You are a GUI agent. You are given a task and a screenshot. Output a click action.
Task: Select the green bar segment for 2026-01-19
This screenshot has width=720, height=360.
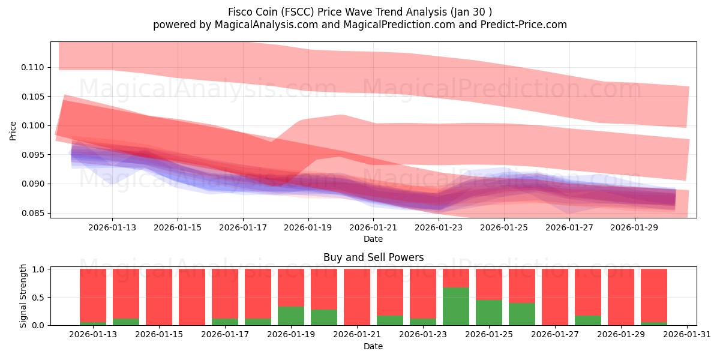click(291, 316)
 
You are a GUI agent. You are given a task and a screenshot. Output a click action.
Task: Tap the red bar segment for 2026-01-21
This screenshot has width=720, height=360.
click(357, 296)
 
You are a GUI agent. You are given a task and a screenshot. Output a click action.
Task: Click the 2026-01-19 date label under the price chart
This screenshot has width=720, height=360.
click(308, 227)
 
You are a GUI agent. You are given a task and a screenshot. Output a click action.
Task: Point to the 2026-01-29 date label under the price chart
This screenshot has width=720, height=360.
click(635, 227)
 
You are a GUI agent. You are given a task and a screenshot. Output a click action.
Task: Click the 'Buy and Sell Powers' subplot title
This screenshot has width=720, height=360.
click(373, 257)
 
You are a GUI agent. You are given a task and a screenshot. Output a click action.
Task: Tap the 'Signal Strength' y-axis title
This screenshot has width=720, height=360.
click(23, 296)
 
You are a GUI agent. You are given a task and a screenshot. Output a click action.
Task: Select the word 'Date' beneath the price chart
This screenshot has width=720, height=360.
click(373, 239)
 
